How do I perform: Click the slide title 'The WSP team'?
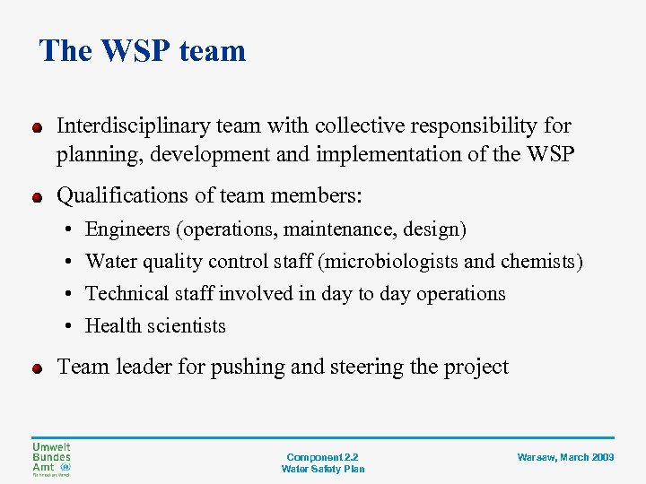(x=143, y=50)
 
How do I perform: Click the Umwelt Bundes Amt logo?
(x=52, y=458)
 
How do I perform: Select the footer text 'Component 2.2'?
(x=322, y=457)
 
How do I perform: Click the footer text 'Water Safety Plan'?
(x=322, y=469)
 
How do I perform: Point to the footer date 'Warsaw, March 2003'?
(x=565, y=457)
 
